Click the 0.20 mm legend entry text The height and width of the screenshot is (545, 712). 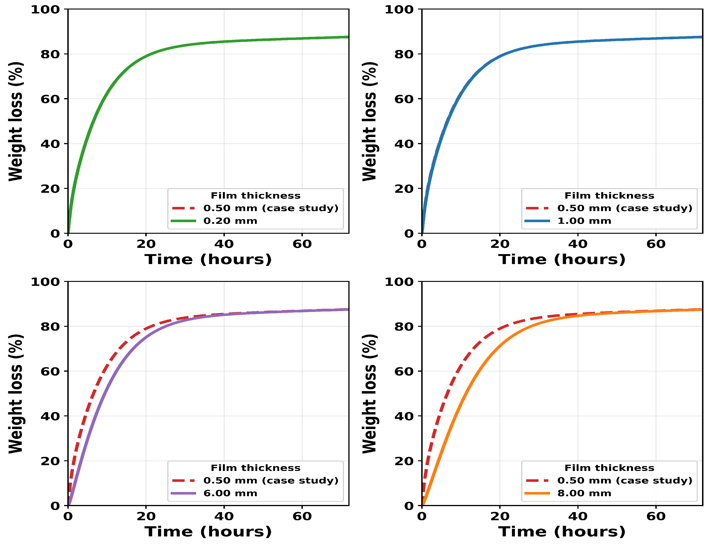(x=230, y=221)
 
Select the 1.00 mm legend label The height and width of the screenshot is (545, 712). (x=584, y=221)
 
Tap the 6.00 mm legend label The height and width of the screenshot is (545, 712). (x=230, y=493)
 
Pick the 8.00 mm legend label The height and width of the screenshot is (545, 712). (x=584, y=493)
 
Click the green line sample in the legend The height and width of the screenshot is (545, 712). (x=183, y=221)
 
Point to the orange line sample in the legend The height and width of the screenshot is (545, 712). (x=537, y=493)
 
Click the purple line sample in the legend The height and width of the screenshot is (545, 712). (x=183, y=493)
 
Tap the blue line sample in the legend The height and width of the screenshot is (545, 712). (x=537, y=221)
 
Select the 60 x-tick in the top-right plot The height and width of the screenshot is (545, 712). (x=656, y=244)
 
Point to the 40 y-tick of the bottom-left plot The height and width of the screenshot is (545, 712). (x=50, y=416)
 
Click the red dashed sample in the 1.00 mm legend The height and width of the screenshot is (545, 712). (x=537, y=208)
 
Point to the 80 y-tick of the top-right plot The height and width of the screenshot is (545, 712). (x=404, y=54)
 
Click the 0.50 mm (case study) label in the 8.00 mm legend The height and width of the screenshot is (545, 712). (x=625, y=480)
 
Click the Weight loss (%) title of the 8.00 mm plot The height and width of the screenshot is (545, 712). (x=369, y=394)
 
